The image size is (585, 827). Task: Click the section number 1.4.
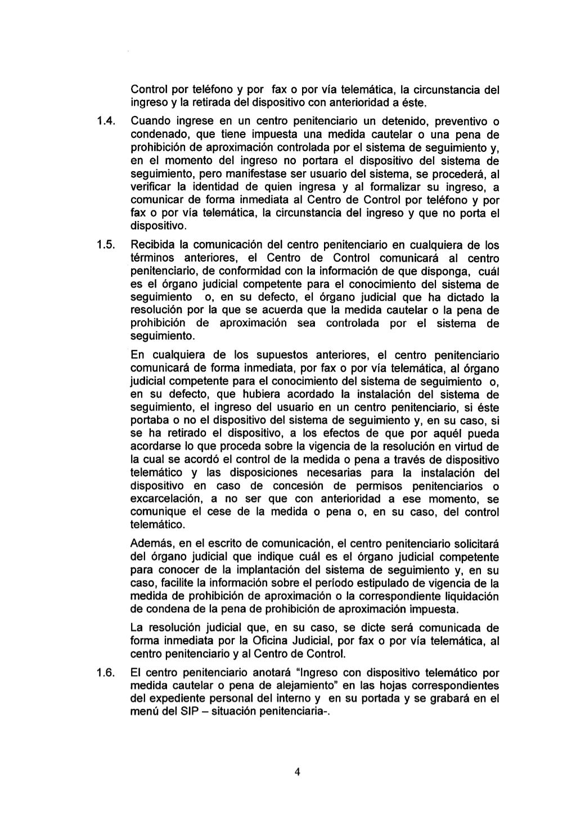[x=106, y=122]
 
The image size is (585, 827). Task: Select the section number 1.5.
[x=106, y=245]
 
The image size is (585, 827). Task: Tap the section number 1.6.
[x=106, y=673]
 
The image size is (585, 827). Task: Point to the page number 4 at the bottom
[x=297, y=772]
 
